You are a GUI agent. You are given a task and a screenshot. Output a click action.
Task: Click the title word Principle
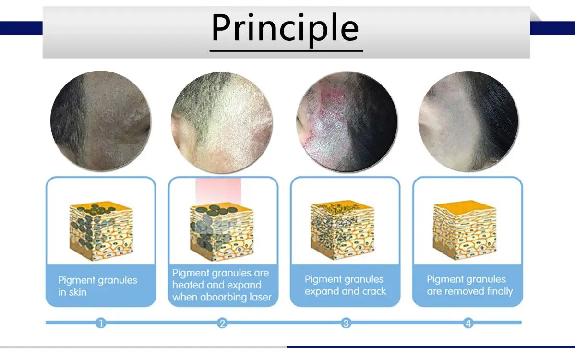285,29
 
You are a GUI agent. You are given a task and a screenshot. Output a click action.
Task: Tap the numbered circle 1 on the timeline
100,323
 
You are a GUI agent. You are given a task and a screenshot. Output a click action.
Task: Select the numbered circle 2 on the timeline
222,323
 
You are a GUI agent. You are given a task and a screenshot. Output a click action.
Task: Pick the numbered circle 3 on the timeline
346,323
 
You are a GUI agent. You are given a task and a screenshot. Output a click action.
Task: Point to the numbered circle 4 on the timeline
468,323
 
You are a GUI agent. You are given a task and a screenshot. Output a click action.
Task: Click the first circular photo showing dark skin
100,121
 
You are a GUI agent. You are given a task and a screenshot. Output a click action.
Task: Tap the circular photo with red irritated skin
347,121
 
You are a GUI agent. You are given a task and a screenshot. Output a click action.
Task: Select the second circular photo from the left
222,122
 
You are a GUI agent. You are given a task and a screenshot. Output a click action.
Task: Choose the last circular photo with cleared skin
468,121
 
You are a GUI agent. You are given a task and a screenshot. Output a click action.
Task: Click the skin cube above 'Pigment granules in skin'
101,230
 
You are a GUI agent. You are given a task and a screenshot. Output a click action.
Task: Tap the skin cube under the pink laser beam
222,232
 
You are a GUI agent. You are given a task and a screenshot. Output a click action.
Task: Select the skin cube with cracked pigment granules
343,230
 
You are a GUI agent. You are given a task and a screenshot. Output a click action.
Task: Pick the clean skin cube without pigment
465,230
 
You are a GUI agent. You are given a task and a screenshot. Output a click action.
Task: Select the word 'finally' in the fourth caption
500,291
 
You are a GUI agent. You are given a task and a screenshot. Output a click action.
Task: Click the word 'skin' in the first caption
78,292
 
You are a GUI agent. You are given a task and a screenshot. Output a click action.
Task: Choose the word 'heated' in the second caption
186,285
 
